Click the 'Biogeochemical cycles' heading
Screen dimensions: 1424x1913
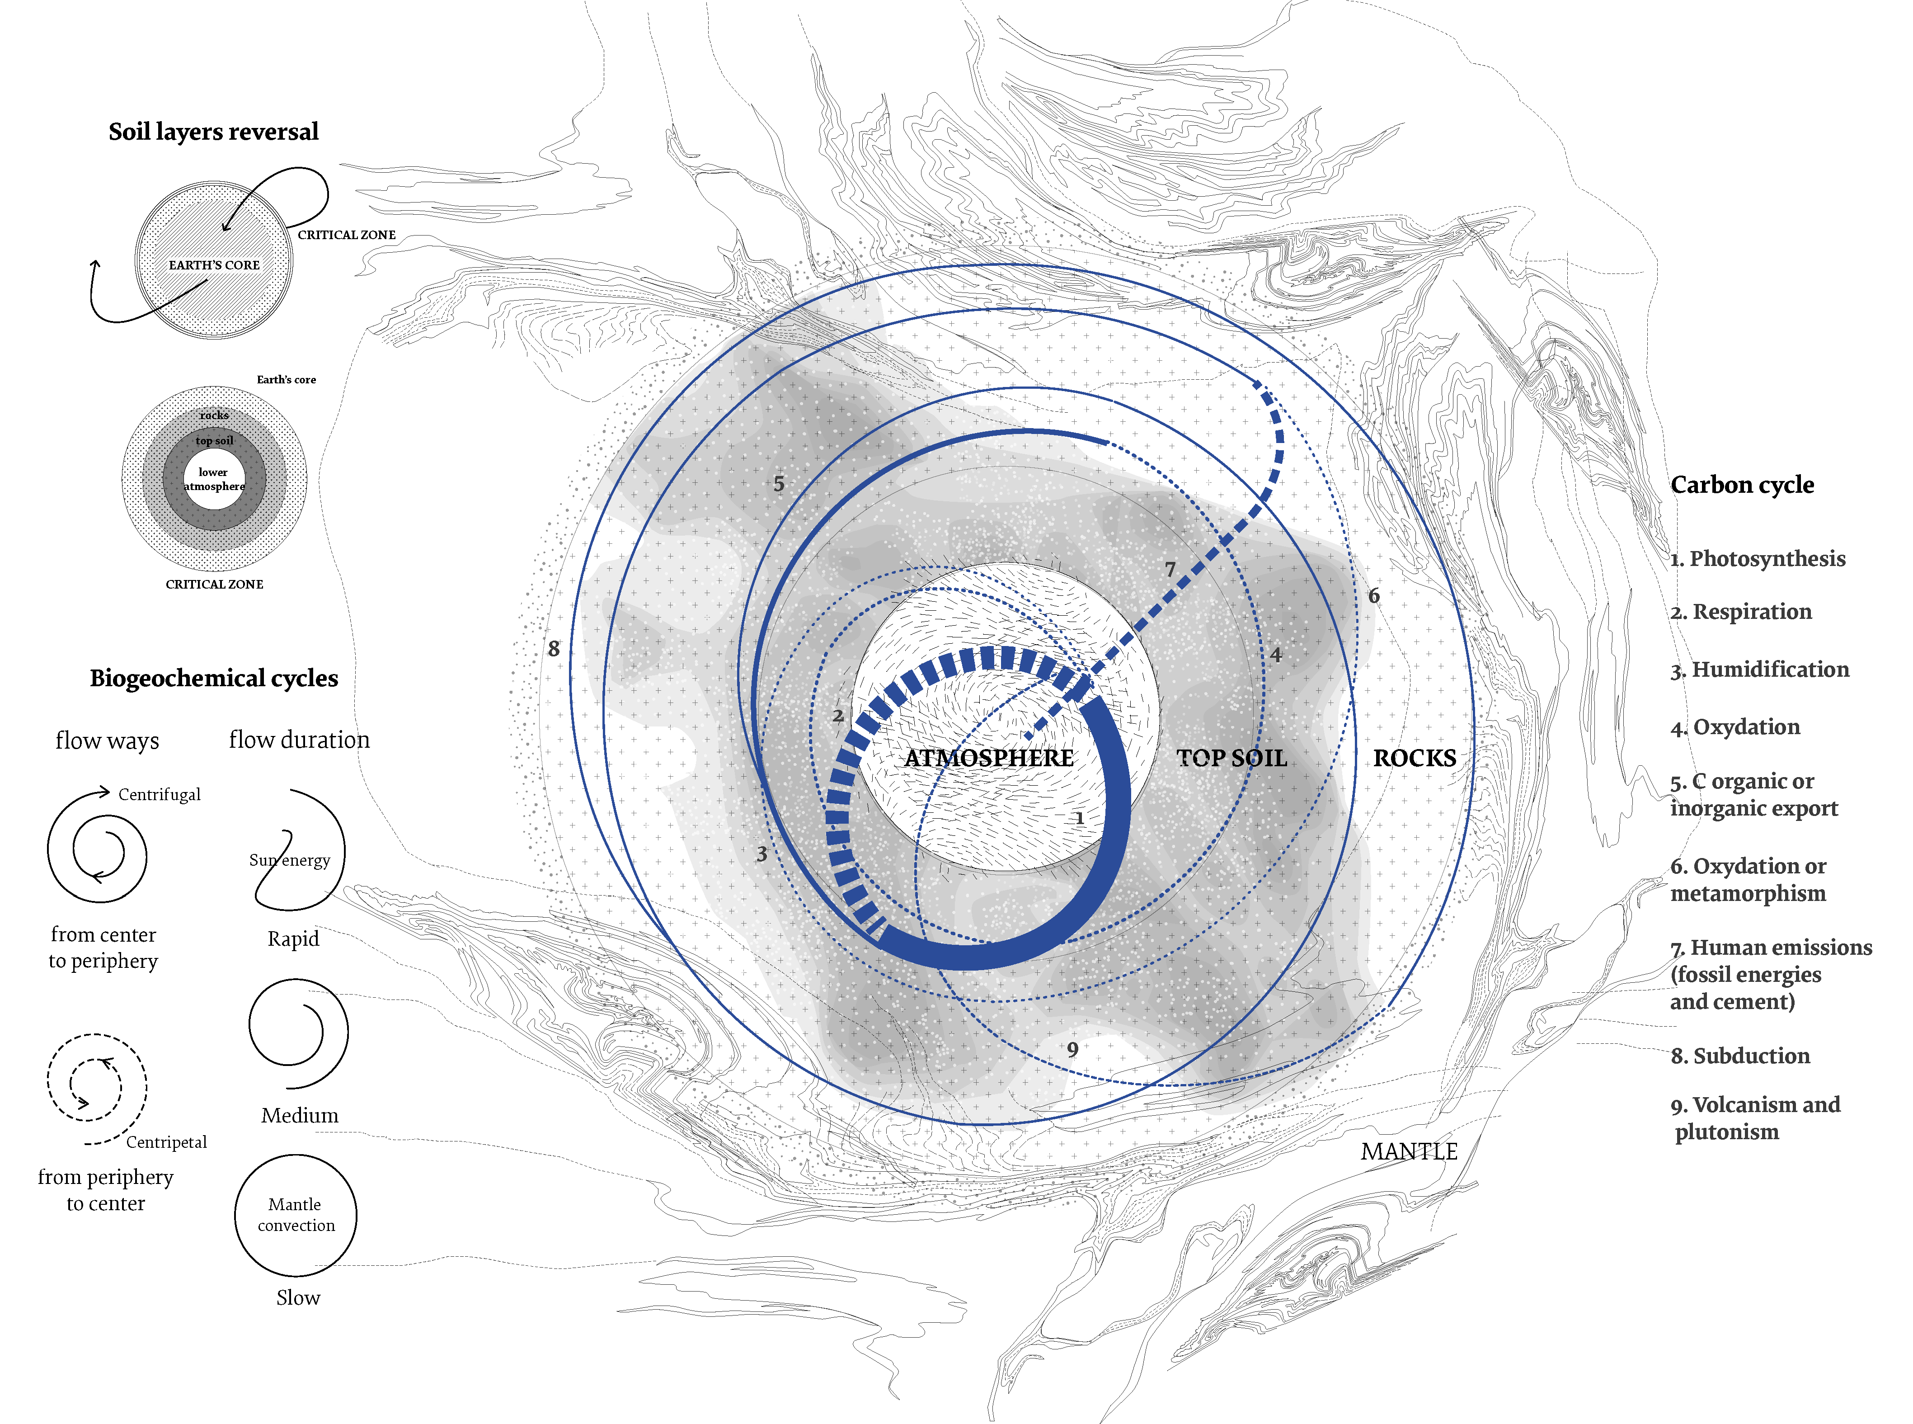214,679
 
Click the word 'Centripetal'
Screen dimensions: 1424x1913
166,1142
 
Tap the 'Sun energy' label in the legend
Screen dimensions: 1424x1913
290,860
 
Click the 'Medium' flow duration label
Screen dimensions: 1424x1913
300,1115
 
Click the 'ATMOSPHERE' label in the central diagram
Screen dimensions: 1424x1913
988,759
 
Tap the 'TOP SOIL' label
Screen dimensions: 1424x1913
1231,759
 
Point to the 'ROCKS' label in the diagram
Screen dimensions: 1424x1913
1414,759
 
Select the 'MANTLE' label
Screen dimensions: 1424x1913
1409,1151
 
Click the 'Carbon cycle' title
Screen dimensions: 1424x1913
1742,486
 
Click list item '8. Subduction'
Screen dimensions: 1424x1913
1740,1056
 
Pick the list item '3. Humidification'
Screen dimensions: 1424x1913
1760,670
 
